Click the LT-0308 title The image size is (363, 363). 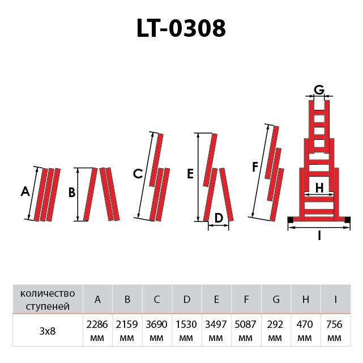tap(181, 28)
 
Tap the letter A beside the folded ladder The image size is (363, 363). tap(25, 191)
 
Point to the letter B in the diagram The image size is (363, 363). tap(72, 193)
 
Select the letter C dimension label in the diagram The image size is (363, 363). tap(138, 174)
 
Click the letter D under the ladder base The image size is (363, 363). tap(219, 218)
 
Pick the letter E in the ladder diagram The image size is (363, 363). tap(190, 174)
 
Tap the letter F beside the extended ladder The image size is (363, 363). tap(255, 167)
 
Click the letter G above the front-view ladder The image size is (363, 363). tap(319, 90)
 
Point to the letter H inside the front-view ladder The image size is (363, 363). tap(319, 188)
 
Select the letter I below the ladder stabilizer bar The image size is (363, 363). tap(319, 236)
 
